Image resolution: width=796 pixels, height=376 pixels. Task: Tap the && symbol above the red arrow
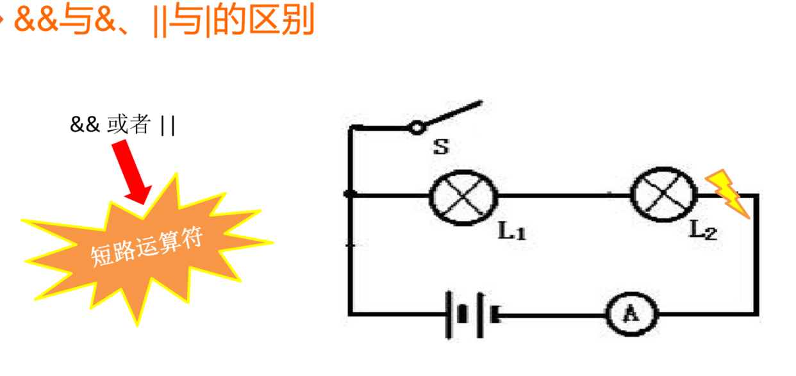85,125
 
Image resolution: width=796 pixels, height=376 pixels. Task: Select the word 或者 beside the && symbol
129,125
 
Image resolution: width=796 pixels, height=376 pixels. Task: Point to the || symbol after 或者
168,126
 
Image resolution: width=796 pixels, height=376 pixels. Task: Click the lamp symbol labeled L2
664,192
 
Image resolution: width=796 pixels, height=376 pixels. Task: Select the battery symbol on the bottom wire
473,314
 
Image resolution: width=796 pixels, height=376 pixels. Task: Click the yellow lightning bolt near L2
728,193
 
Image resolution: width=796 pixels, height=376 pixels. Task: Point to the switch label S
441,148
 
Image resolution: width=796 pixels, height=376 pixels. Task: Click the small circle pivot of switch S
417,128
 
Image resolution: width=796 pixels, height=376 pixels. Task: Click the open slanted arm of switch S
451,113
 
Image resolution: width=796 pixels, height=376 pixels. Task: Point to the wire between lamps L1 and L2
564,195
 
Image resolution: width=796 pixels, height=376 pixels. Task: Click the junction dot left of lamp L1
350,193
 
